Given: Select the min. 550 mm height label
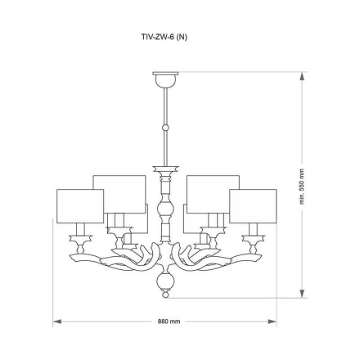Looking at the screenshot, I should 302,193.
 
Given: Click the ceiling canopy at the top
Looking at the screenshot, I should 165,79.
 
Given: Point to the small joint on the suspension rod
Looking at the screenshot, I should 165,128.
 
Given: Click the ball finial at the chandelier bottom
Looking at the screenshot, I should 165,284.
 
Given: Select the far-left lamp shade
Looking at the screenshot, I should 79,205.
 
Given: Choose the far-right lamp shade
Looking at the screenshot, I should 253,205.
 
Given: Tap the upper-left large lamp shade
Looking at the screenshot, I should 119,192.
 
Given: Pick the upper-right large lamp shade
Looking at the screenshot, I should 213,192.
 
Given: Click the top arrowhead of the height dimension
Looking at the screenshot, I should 303,76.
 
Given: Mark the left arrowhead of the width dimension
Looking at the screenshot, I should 56,322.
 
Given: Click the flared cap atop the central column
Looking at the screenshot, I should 165,169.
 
